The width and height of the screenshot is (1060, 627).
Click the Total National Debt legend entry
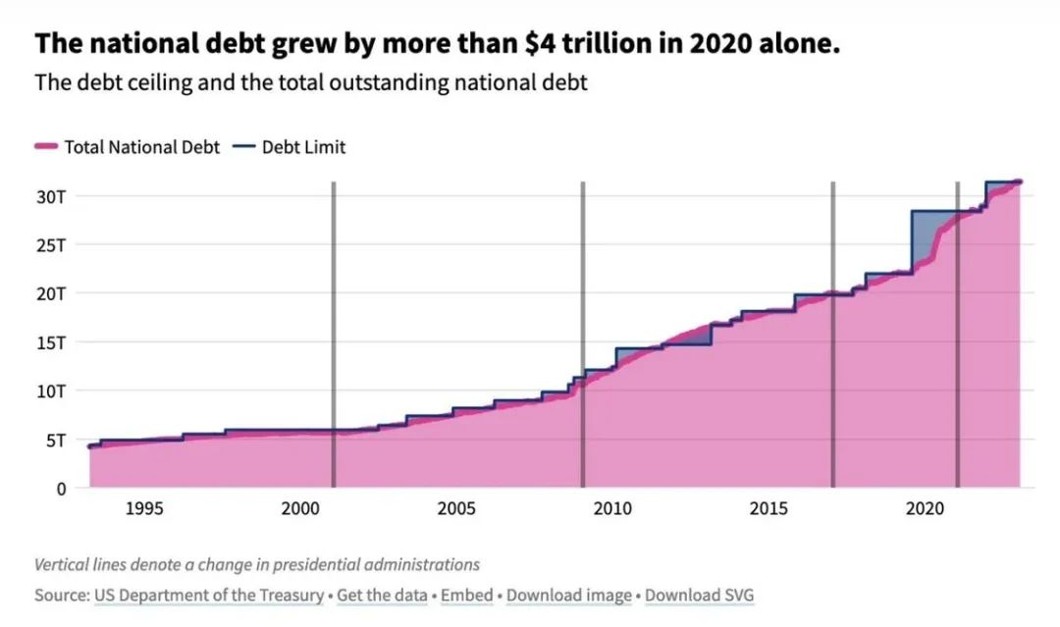tap(127, 147)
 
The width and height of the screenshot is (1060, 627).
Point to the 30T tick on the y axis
tap(51, 195)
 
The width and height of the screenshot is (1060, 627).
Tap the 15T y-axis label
tap(51, 341)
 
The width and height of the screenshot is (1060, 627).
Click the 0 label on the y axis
tap(61, 488)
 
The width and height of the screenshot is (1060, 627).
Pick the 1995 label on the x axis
tap(144, 508)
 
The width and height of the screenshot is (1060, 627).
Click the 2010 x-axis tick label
tap(612, 508)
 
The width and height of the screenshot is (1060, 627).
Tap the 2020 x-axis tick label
tap(925, 508)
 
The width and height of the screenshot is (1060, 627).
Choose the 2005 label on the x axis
tap(456, 508)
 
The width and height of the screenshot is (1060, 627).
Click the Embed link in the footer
tap(467, 596)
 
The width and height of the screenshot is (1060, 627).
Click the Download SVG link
tap(700, 596)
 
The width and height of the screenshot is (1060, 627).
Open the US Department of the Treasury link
tap(209, 596)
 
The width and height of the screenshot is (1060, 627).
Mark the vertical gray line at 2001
tap(334, 334)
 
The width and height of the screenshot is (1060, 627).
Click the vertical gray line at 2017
tap(833, 334)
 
